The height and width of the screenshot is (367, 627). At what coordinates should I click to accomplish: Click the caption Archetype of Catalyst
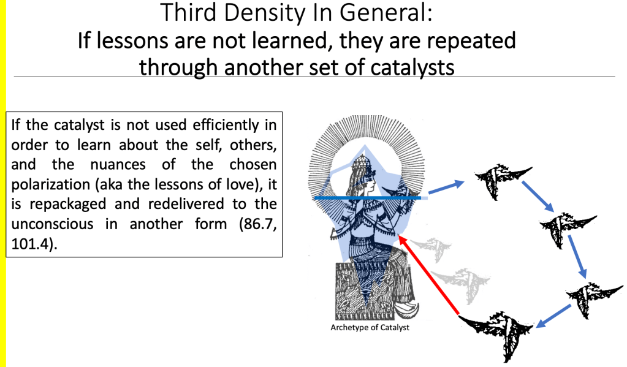(370, 327)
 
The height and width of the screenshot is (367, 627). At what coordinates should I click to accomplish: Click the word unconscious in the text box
(52, 224)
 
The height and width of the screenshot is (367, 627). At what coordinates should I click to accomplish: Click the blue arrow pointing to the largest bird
(553, 316)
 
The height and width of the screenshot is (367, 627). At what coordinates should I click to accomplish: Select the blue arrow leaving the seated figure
(446, 188)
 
